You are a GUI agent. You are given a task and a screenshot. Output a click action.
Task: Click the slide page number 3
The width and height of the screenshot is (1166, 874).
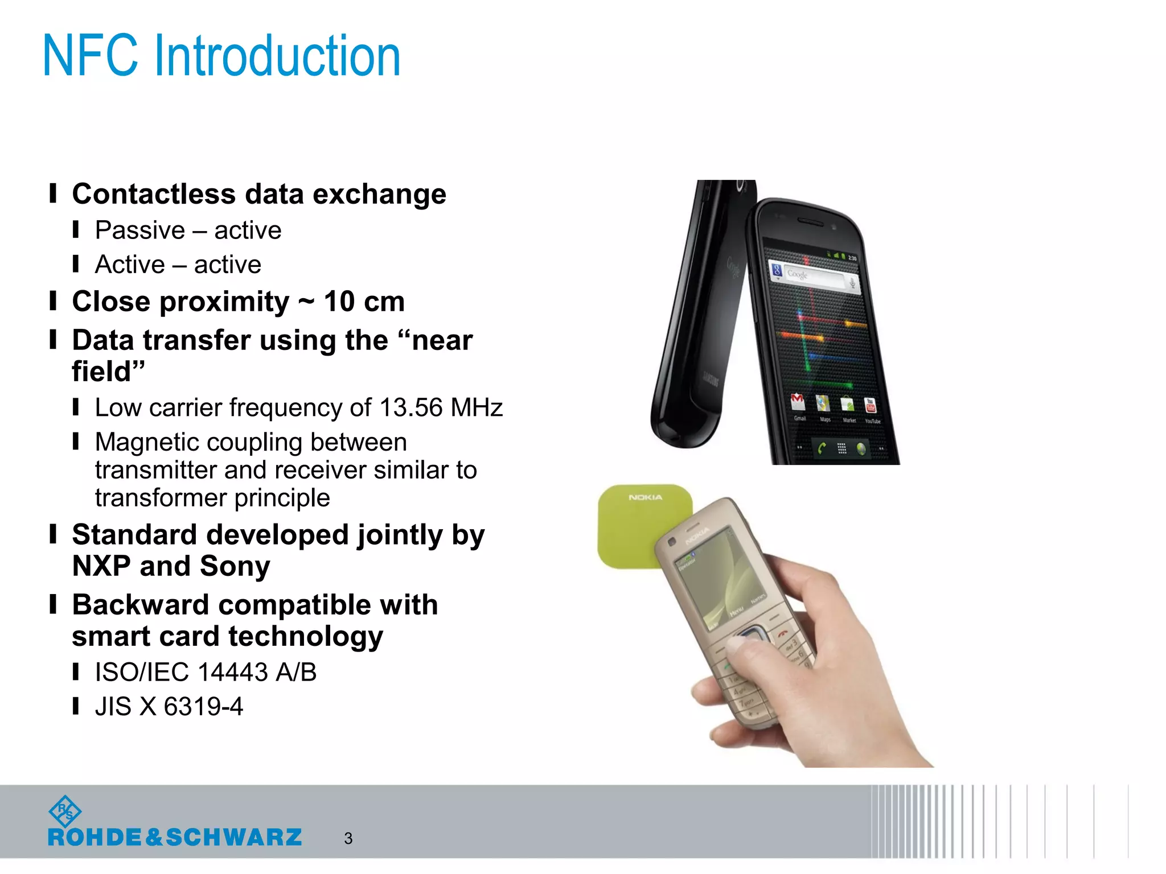(348, 838)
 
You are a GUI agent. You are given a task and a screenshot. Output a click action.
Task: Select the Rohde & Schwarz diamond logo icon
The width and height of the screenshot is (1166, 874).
(65, 811)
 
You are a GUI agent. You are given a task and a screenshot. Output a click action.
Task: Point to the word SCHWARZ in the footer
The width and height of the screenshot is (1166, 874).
(233, 838)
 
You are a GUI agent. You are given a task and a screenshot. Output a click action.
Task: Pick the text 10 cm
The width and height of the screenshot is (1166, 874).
(364, 302)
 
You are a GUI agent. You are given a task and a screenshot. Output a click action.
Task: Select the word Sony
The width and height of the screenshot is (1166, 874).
(235, 566)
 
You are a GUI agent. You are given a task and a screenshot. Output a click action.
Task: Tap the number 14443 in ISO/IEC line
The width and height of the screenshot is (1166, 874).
(232, 673)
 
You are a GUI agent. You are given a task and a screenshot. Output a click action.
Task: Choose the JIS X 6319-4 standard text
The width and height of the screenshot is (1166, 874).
(169, 707)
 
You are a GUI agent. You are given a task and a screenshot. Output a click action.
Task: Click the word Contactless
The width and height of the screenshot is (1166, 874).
(153, 194)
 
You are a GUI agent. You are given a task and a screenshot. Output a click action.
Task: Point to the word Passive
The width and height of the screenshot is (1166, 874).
(140, 230)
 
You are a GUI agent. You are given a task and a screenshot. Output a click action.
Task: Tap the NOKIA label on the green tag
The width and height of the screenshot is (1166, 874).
(645, 497)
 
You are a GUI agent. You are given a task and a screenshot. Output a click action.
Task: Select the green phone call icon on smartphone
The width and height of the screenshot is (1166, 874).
(821, 448)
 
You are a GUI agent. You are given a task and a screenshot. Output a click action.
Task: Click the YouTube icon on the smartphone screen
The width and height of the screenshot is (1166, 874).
(870, 406)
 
